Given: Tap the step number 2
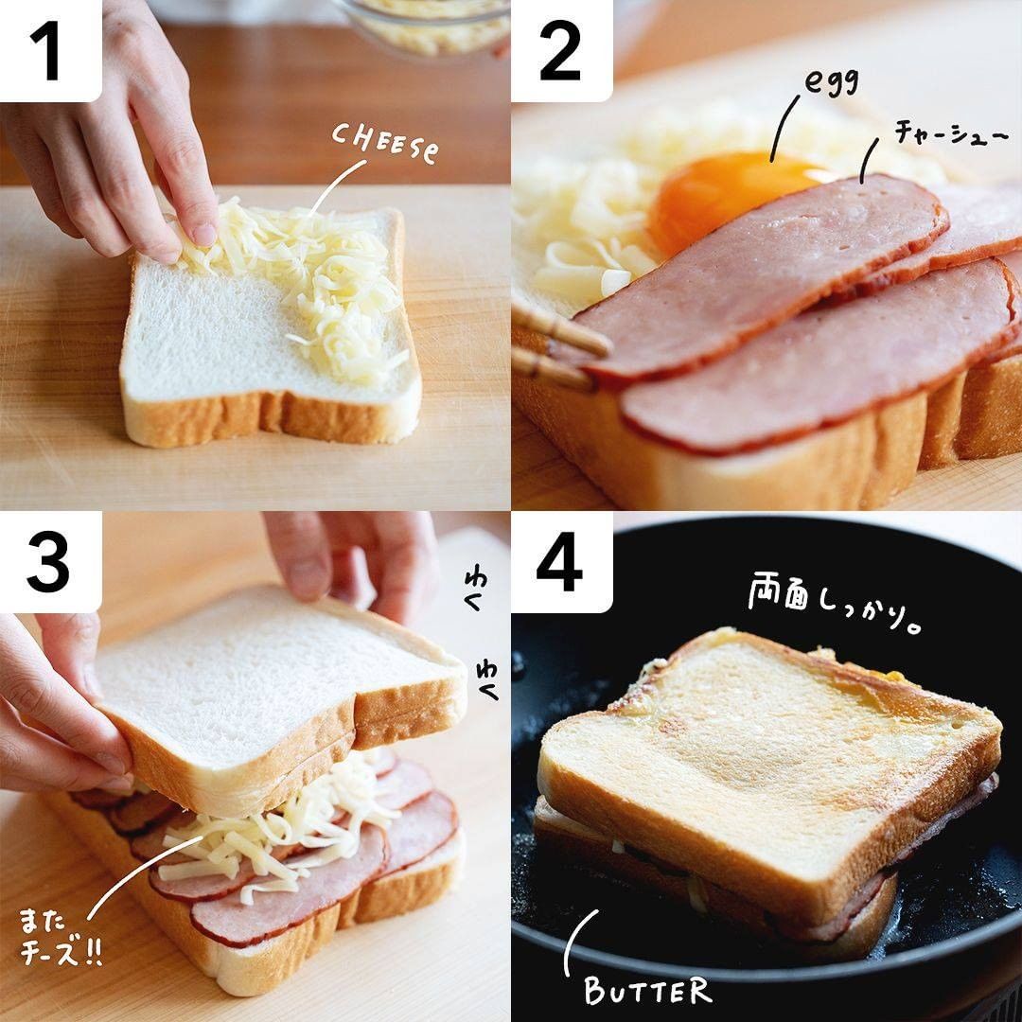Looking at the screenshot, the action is click(560, 51).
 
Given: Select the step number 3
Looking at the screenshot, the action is click(47, 562).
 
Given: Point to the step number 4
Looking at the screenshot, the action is click(559, 562).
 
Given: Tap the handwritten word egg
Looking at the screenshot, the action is click(831, 81).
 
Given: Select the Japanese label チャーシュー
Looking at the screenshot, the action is click(951, 133).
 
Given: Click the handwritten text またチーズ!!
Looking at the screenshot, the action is click(60, 937).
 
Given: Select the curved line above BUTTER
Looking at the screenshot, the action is click(571, 939).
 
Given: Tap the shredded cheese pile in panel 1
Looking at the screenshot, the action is click(307, 280).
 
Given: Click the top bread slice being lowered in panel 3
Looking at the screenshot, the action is click(280, 691).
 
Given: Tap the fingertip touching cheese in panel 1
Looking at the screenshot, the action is click(203, 235).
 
